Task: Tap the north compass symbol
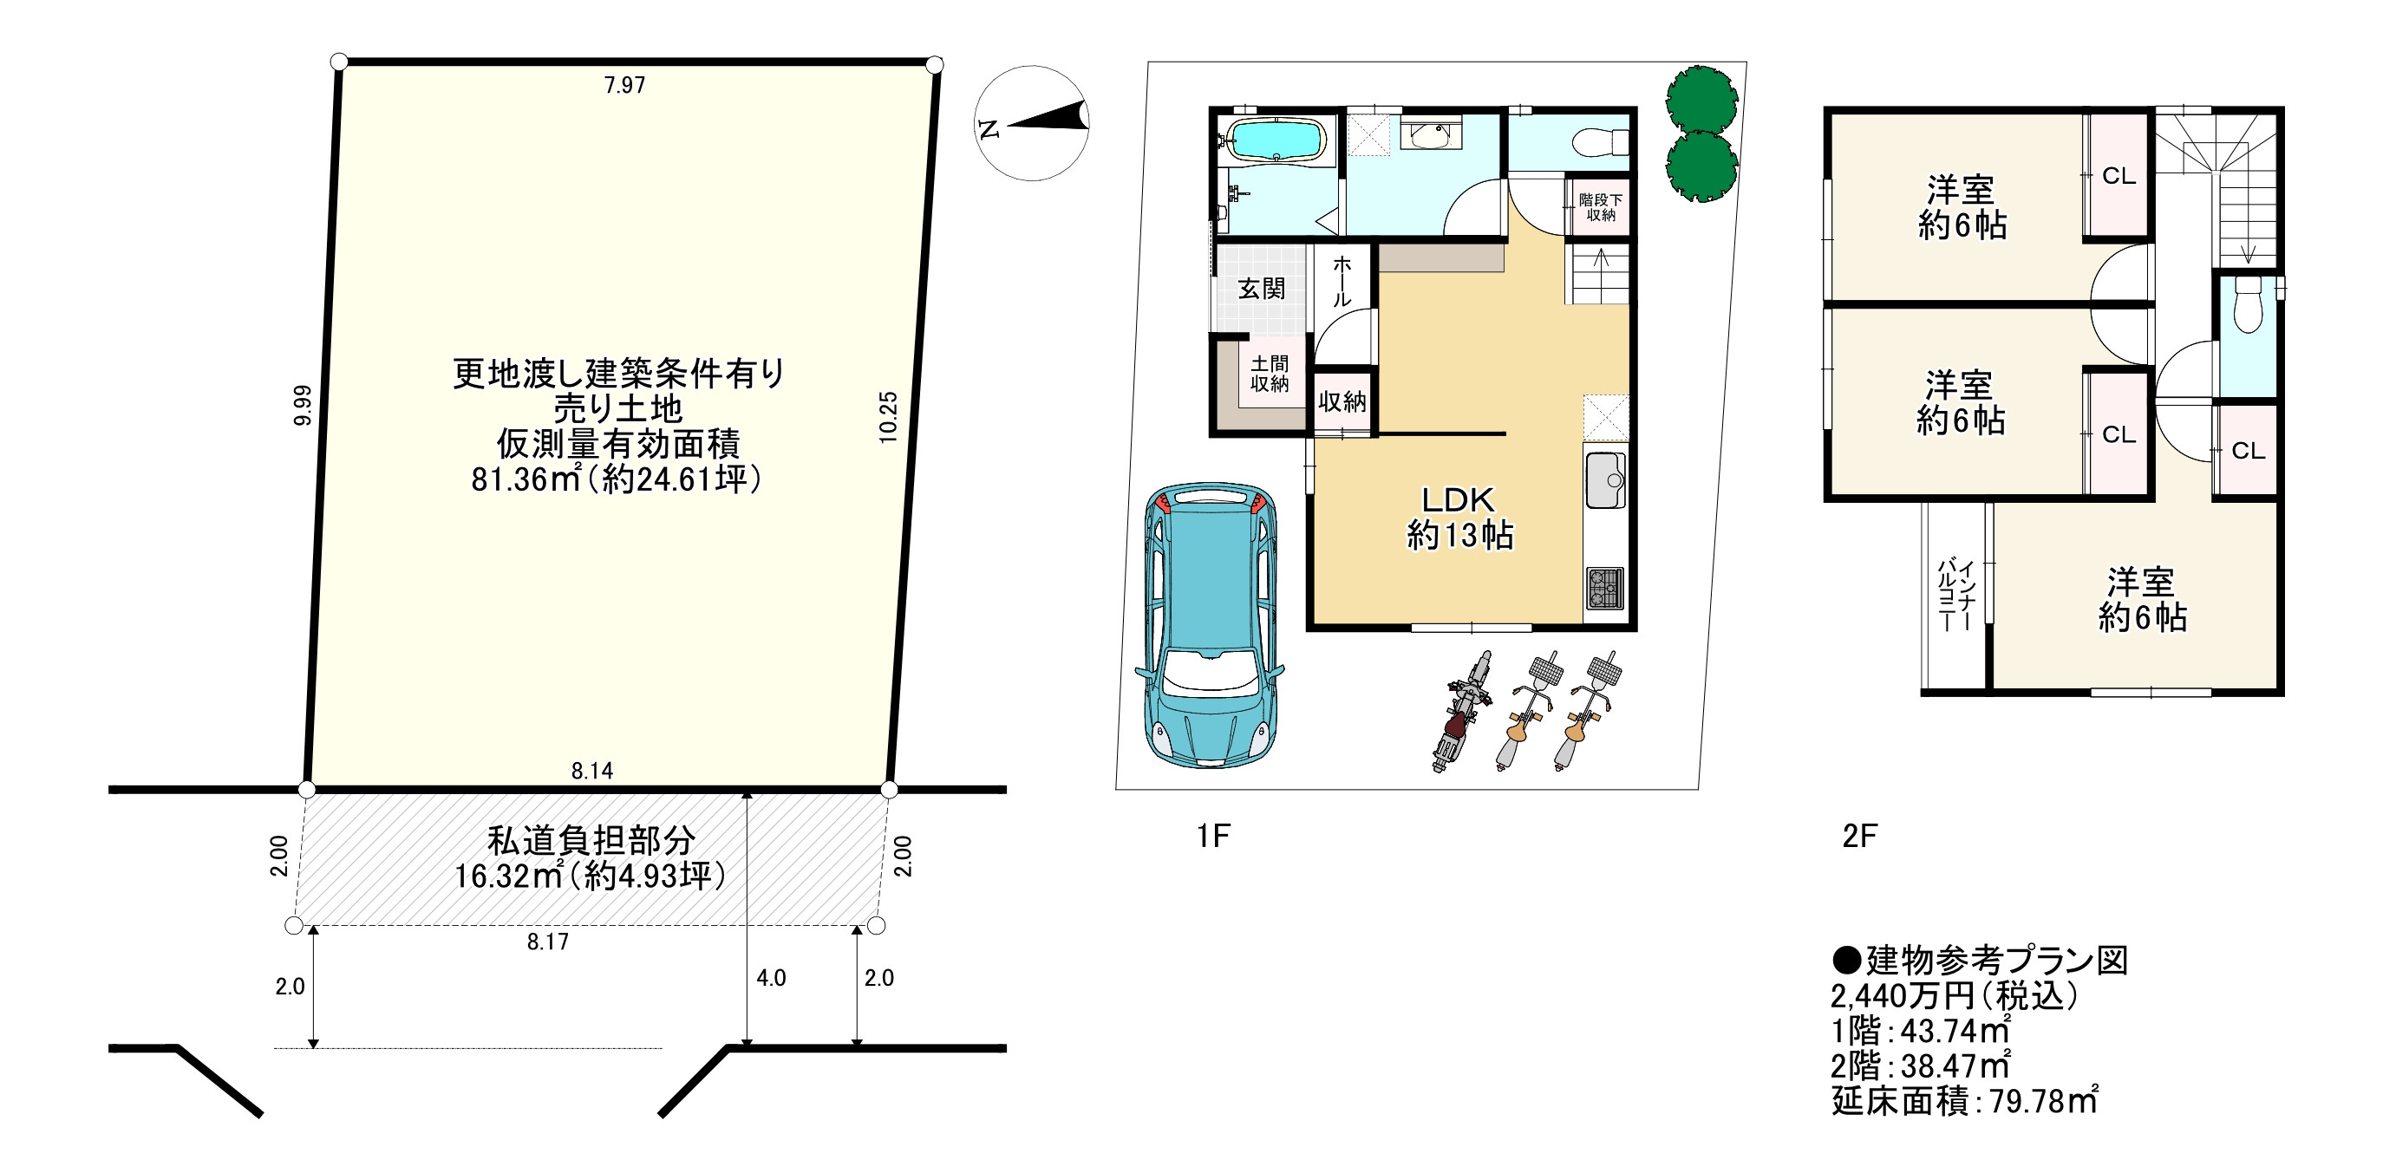tap(1033, 123)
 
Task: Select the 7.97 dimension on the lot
tap(624, 86)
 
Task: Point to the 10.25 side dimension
tap(888, 417)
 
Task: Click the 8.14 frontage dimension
tap(592, 770)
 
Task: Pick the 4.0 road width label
tap(771, 978)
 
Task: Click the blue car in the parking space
tap(1210, 624)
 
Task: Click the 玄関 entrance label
tap(1261, 289)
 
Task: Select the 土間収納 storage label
tap(1269, 373)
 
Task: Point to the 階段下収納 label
tap(1601, 207)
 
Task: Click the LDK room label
tap(1458, 500)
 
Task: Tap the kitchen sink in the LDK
tap(1605, 480)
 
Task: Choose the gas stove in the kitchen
tap(1604, 588)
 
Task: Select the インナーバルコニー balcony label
tap(1955, 596)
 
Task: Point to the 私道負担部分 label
tap(591, 841)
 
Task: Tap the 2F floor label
tap(1859, 837)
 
